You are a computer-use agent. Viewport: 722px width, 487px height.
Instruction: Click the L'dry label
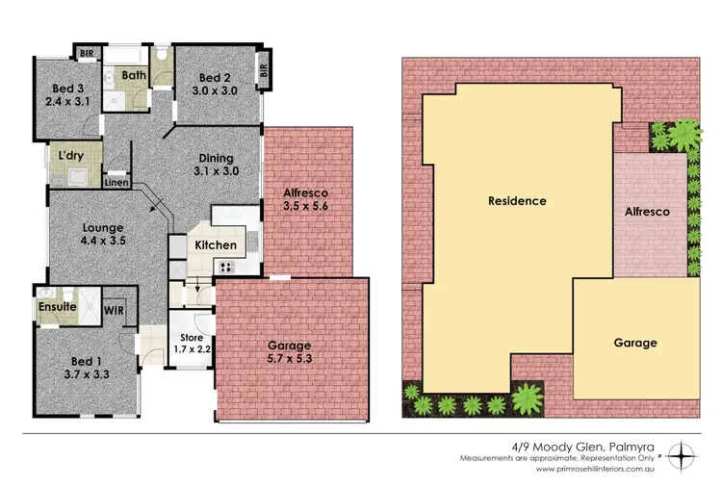[x=70, y=155]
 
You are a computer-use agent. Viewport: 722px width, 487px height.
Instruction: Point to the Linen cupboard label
[x=116, y=181]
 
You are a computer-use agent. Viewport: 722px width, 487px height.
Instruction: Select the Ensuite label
[x=57, y=307]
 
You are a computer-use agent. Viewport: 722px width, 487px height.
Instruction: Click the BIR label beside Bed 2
[x=263, y=71]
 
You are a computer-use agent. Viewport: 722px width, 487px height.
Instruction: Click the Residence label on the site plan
[x=517, y=201]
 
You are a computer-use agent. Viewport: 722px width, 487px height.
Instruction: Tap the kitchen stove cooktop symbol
[x=228, y=268]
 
